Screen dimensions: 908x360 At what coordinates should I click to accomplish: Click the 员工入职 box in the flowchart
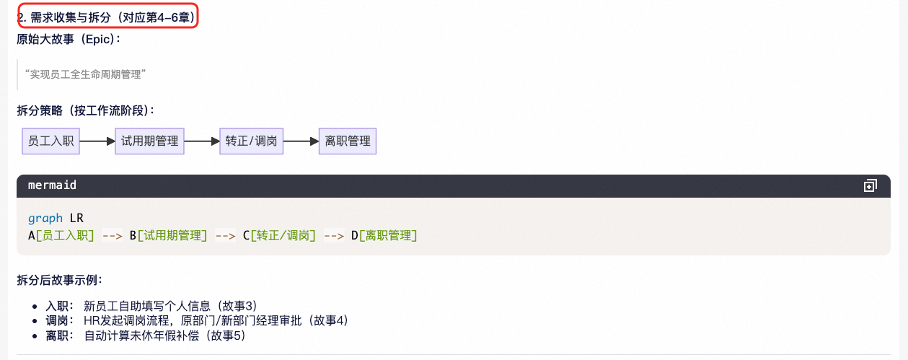tap(51, 141)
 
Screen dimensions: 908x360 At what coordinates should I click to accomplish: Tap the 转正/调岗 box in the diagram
tap(252, 141)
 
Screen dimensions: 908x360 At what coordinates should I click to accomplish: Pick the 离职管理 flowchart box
tap(348, 141)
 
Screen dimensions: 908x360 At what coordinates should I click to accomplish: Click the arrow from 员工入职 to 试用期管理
tap(97, 141)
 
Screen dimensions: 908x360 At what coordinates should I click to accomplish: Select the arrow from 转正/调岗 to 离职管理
tap(301, 141)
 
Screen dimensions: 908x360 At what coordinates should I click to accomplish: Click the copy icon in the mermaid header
tap(870, 186)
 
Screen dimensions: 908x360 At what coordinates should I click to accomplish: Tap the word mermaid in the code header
tap(52, 185)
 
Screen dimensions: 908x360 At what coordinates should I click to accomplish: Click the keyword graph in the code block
tap(45, 218)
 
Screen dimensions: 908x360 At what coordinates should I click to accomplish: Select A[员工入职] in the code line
tap(61, 235)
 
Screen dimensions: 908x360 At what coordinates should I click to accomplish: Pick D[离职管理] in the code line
tap(384, 235)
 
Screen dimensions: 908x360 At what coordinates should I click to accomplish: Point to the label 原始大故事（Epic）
tap(69, 38)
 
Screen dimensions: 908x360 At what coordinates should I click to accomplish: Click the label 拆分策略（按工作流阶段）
tap(86, 110)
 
